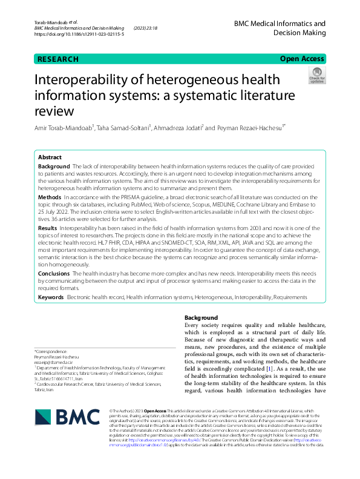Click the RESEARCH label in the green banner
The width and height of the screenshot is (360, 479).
click(58, 59)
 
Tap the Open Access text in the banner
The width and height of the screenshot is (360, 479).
click(302, 59)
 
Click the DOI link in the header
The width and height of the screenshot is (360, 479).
click(79, 35)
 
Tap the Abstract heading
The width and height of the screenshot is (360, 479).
click(50, 156)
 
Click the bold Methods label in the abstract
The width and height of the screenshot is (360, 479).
click(50, 197)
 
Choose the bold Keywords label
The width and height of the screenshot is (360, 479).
click(51, 298)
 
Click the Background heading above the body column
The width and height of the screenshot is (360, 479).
click(201, 317)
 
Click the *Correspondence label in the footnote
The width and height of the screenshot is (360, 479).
click(51, 351)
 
